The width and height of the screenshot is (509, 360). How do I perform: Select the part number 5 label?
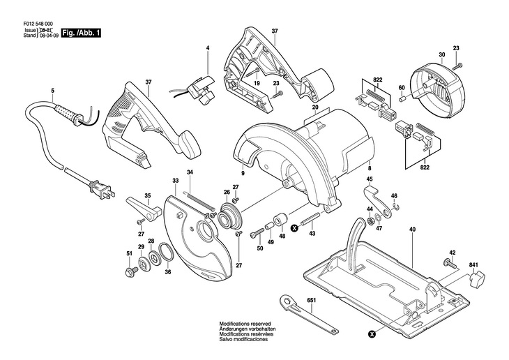52,91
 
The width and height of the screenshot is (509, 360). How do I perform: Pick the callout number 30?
441,54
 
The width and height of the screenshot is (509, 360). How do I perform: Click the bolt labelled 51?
129,270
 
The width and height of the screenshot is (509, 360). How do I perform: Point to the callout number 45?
370,180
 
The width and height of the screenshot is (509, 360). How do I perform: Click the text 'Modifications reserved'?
245,324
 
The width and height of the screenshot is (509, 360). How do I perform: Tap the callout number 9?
243,172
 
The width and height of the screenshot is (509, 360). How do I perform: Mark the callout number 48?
282,236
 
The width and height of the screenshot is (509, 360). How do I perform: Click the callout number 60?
401,87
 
